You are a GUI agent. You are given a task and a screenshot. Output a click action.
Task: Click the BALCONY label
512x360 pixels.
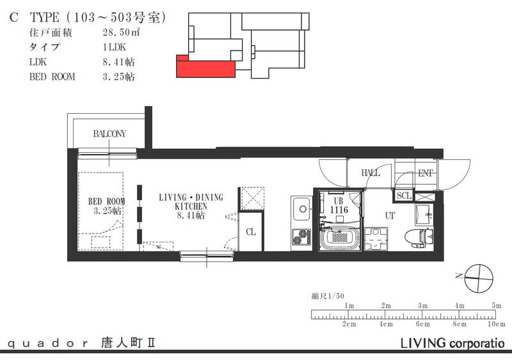[109, 134]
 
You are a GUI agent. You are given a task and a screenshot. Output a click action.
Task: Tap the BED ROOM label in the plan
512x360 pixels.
[106, 205]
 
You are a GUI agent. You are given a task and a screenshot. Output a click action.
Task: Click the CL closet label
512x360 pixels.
[251, 232]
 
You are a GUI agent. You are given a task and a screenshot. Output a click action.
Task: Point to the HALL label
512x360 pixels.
[370, 173]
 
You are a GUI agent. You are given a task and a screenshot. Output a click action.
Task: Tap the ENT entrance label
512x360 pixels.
[425, 173]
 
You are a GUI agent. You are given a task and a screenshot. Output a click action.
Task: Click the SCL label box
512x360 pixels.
[403, 196]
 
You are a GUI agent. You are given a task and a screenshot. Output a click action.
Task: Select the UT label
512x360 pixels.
[390, 216]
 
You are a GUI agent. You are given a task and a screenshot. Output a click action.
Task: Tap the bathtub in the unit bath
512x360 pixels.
[339, 240]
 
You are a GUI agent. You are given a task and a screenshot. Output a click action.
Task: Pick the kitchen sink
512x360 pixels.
[301, 208]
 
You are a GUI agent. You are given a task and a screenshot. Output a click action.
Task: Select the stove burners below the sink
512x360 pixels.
[300, 237]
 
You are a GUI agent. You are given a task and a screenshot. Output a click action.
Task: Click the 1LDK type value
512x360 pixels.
[113, 47]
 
